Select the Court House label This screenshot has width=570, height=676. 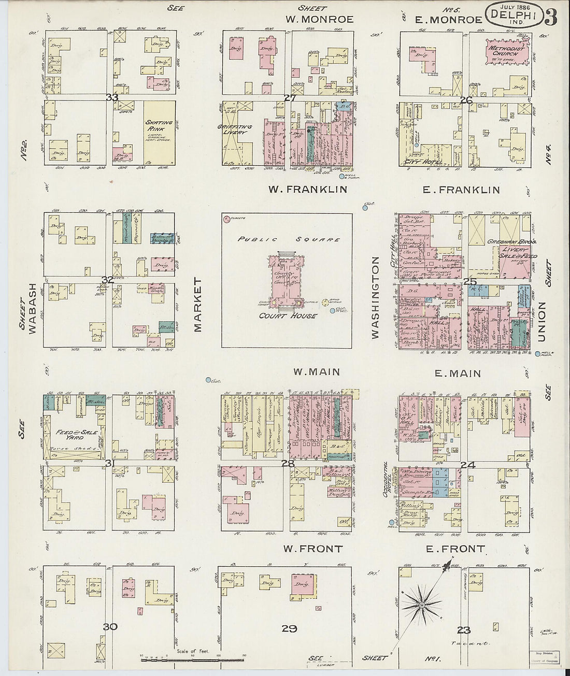(x=288, y=315)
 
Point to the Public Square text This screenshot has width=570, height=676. (x=289, y=239)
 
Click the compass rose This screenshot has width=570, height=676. (x=422, y=605)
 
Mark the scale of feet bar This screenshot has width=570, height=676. (x=192, y=660)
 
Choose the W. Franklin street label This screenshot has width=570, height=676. (x=307, y=189)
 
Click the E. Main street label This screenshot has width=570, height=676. (x=451, y=373)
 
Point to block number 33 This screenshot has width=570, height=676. (x=112, y=97)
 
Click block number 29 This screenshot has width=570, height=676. (x=289, y=628)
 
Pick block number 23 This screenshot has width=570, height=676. (x=463, y=630)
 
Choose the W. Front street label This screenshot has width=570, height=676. (x=312, y=549)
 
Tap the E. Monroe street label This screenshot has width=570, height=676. (x=449, y=20)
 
